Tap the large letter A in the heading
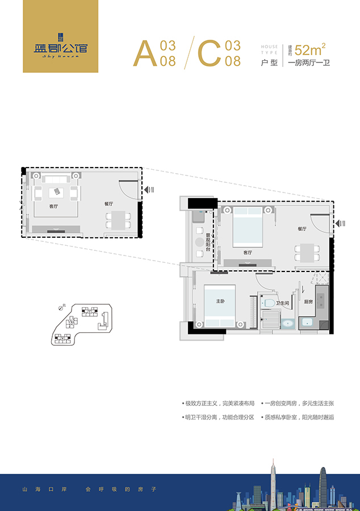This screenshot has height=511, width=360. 145,53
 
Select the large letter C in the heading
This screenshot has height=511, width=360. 209,53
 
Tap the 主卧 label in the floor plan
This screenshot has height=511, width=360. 220,301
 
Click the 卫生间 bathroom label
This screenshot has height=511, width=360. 283,303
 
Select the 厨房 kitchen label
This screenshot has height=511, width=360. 308,302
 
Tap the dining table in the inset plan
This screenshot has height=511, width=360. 119,220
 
